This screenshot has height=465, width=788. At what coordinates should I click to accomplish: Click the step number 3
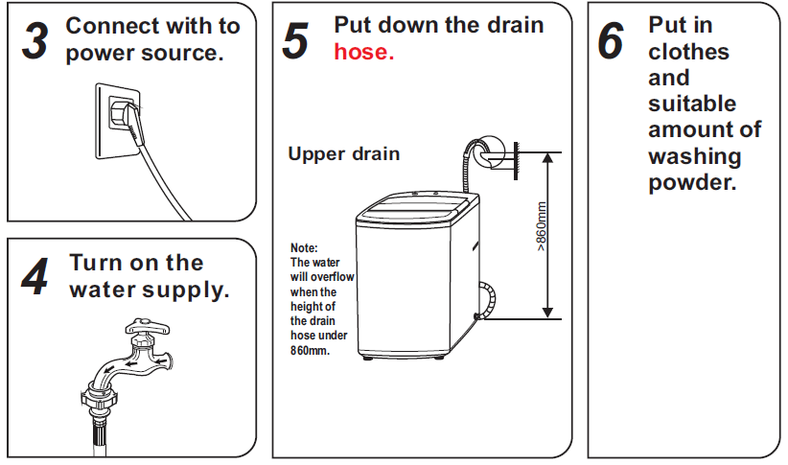35,41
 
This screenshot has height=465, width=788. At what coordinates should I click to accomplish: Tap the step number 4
35,276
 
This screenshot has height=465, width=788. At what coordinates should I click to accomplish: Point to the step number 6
611,40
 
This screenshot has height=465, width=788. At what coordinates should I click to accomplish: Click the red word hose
364,52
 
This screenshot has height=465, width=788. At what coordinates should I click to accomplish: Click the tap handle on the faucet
148,327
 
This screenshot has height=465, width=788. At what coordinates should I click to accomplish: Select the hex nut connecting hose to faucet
99,398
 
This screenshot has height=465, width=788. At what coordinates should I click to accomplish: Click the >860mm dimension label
541,226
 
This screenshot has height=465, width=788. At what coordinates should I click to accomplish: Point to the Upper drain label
344,153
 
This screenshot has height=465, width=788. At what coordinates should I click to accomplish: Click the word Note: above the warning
304,247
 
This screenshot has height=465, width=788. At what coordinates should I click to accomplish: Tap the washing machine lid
416,207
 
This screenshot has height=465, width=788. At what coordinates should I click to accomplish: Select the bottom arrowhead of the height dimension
547,313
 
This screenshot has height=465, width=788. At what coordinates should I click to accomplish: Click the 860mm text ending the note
310,350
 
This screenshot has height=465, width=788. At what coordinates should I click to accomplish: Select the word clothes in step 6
688,51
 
